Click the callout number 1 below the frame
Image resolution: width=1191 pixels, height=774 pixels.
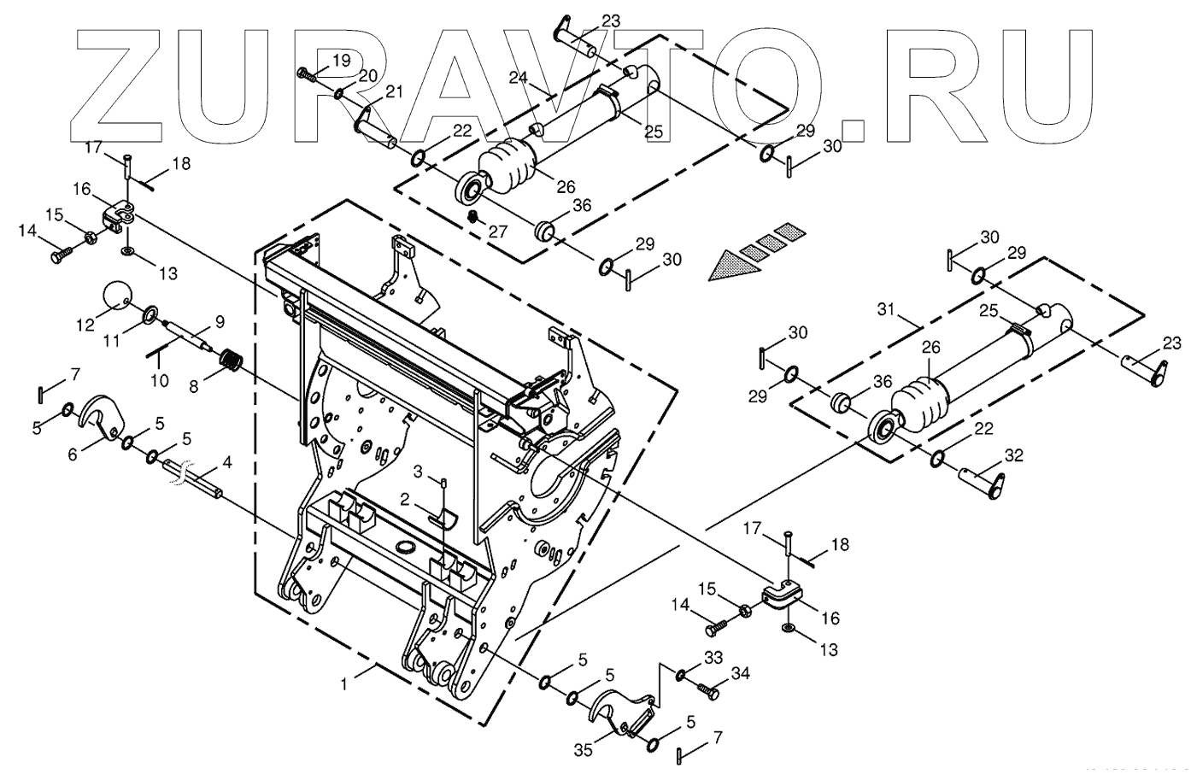[x=344, y=683]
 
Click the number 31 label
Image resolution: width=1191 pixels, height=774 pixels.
[x=885, y=308]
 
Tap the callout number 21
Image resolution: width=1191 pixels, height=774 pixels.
[x=393, y=92]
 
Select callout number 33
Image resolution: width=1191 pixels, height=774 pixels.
[x=713, y=657]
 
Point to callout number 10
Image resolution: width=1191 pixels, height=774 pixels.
[x=160, y=380]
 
